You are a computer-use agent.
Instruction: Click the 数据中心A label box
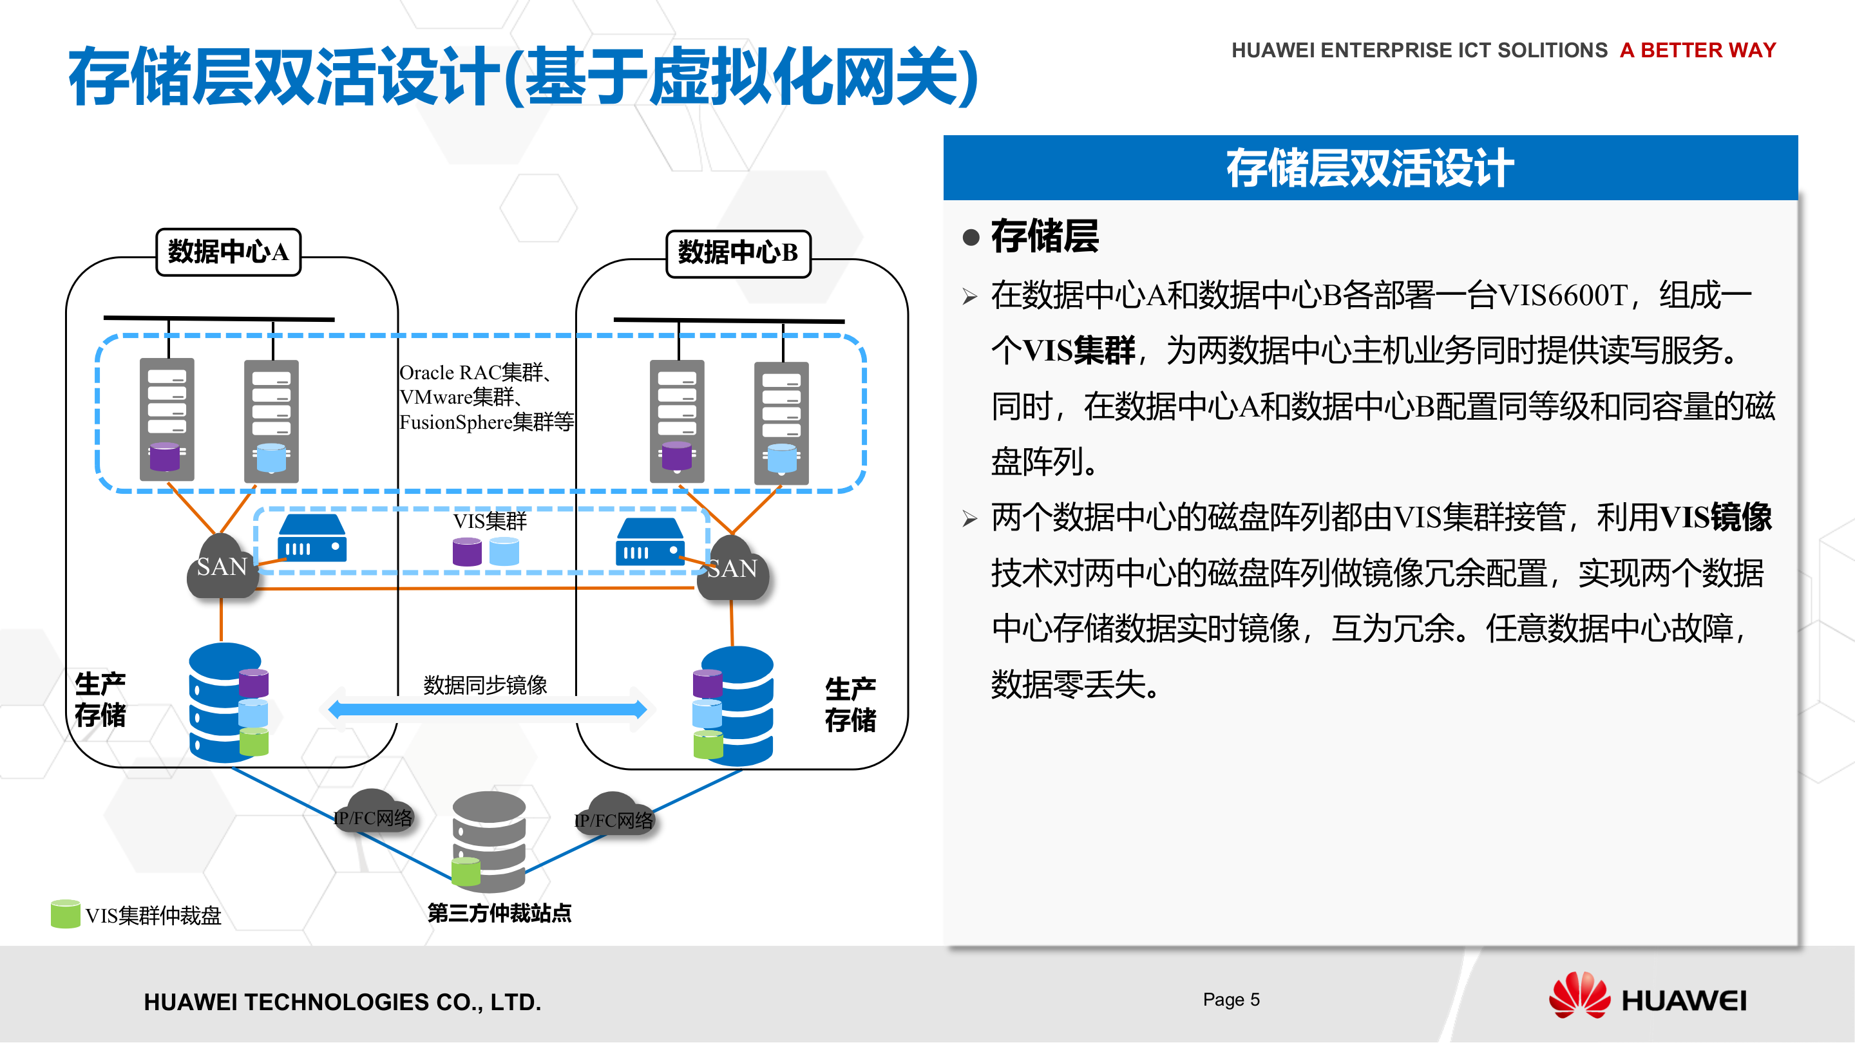228,252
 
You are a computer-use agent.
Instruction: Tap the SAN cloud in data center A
222,568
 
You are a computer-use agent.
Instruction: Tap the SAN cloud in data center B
732,570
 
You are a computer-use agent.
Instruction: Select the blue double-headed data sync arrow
488,709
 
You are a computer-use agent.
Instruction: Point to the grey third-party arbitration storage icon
490,841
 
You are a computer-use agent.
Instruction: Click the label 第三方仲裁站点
499,913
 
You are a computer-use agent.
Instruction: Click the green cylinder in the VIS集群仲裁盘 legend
65,914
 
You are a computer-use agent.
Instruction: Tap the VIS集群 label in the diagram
490,520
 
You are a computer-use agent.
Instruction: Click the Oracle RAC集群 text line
475,372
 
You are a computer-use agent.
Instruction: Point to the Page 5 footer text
1231,999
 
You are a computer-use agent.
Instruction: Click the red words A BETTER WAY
1697,50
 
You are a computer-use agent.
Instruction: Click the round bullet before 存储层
971,238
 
